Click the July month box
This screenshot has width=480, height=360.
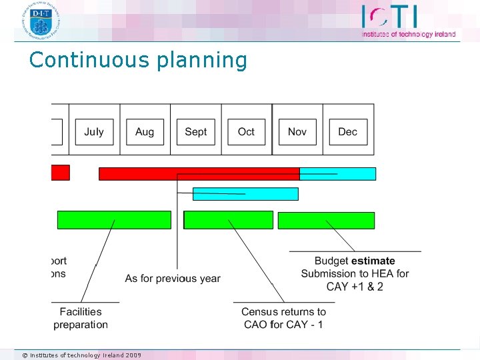coord(94,132)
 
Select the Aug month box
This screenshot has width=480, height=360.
coord(145,132)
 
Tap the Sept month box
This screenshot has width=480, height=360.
coord(195,132)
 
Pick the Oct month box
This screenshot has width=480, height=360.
coord(246,132)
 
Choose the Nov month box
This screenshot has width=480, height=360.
coord(297,132)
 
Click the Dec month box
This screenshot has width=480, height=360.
coord(347,132)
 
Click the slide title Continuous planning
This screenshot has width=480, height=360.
coord(138,60)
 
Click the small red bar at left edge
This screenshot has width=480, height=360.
coord(60,173)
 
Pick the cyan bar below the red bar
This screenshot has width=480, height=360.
coord(245,194)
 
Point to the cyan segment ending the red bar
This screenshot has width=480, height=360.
coord(337,174)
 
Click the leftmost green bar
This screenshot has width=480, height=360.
coord(114,220)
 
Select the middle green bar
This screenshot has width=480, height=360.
coord(228,220)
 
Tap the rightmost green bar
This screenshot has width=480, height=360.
coord(326,220)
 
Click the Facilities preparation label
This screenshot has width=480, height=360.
coord(81,318)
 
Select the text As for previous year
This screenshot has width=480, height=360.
coord(173,278)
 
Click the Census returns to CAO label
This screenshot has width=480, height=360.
coord(283,318)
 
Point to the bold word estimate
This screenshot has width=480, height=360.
coord(373,261)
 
